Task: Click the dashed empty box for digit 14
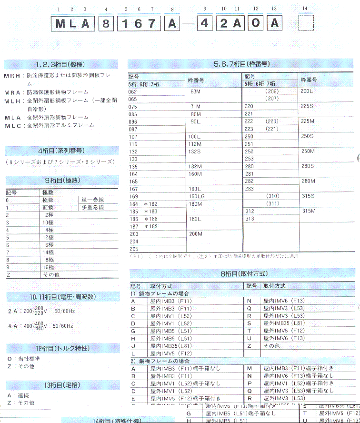(306, 23)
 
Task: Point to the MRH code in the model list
(12, 76)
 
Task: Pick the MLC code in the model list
(12, 125)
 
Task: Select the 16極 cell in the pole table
(48, 268)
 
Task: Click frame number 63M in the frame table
(195, 91)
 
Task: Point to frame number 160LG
(197, 196)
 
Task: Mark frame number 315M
(309, 211)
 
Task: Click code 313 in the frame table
(250, 219)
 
